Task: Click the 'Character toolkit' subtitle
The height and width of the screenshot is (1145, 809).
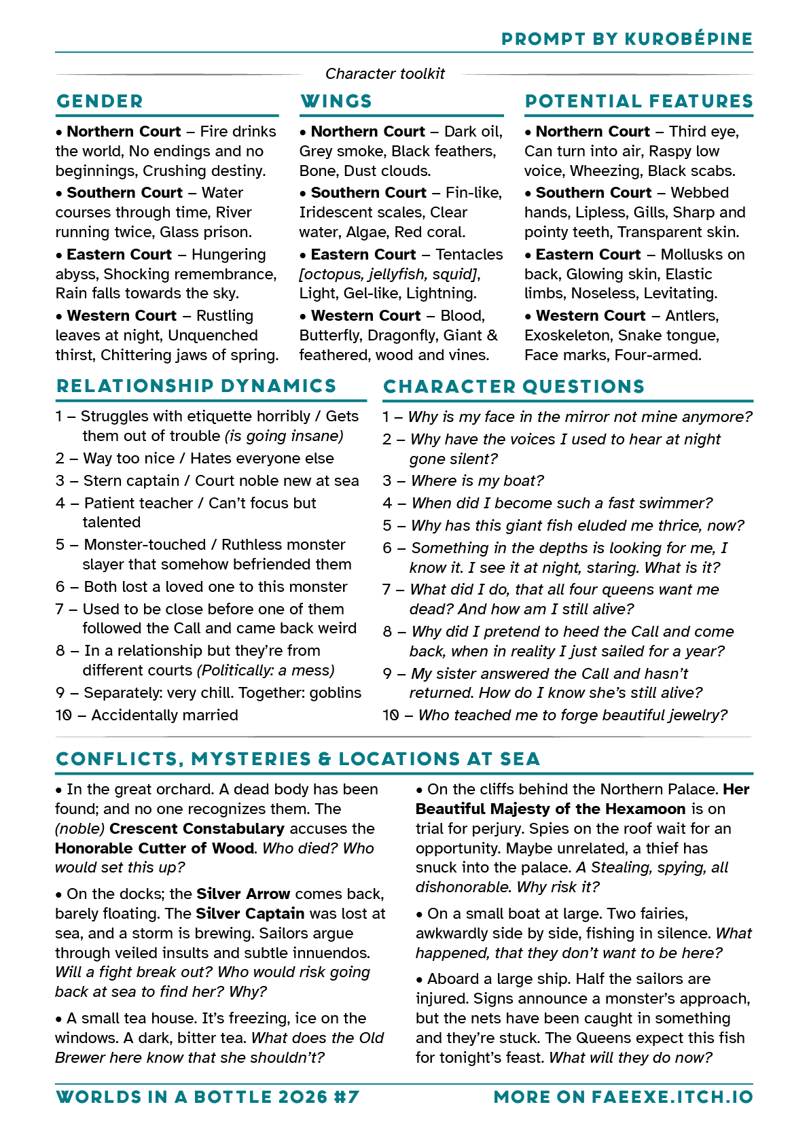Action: pyautogui.click(x=385, y=73)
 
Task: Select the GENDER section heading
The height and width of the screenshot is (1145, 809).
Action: pyautogui.click(x=100, y=101)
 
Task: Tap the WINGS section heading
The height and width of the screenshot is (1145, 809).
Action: pyautogui.click(x=336, y=101)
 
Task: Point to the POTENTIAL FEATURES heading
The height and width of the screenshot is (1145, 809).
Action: pyautogui.click(x=639, y=101)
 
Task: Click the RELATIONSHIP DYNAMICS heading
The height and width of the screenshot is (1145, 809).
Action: pyautogui.click(x=196, y=386)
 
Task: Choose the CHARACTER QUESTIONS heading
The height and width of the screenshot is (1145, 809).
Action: pyautogui.click(x=514, y=387)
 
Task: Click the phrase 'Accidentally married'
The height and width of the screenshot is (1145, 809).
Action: pyautogui.click(x=164, y=715)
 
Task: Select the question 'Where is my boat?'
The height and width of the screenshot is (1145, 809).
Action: pyautogui.click(x=478, y=480)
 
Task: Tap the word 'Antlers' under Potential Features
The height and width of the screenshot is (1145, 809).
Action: pyautogui.click(x=691, y=315)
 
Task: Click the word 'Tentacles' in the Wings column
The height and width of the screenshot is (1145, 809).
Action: pyautogui.click(x=469, y=254)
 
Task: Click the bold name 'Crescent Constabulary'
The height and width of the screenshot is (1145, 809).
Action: pyautogui.click(x=196, y=828)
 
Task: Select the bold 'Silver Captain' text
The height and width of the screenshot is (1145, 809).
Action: pyautogui.click(x=250, y=913)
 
